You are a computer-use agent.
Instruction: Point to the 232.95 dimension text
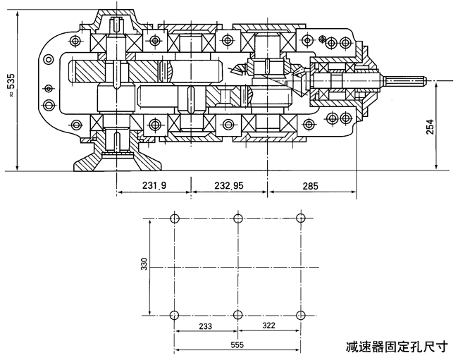point(228,186)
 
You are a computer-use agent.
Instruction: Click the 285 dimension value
point(310,186)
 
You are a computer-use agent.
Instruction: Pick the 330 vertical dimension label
point(144,264)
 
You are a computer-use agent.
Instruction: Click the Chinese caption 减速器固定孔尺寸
point(396,347)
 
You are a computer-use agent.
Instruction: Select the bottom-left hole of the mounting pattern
point(175,314)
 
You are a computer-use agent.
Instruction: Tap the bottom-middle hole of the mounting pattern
point(238,314)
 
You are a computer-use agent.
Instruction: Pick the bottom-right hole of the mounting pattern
point(301,314)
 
